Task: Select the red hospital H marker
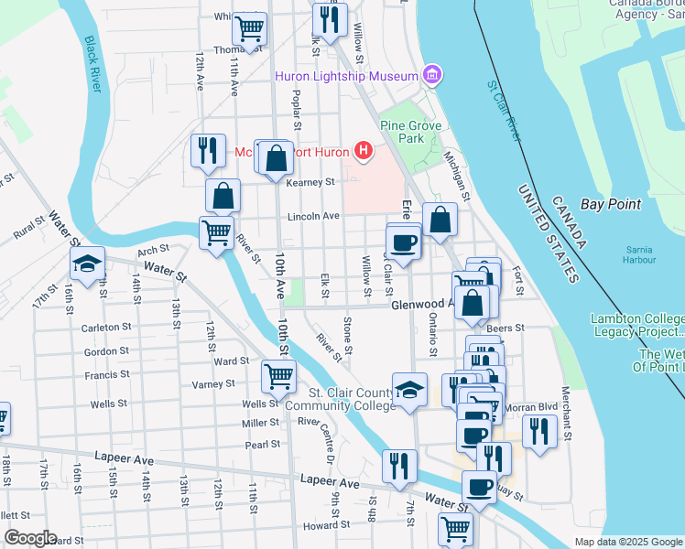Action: (364, 151)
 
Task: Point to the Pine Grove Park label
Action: (412, 132)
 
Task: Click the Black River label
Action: (92, 63)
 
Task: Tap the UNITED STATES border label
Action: (549, 232)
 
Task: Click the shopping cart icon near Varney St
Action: (278, 374)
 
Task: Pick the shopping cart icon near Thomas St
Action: (249, 29)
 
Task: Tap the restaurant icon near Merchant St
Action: (539, 431)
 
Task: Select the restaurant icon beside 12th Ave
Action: (208, 149)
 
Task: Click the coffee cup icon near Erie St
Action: (403, 242)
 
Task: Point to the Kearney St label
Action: (310, 183)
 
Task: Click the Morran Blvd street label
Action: (531, 406)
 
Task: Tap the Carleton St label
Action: (101, 328)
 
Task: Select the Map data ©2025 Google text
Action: (627, 542)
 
